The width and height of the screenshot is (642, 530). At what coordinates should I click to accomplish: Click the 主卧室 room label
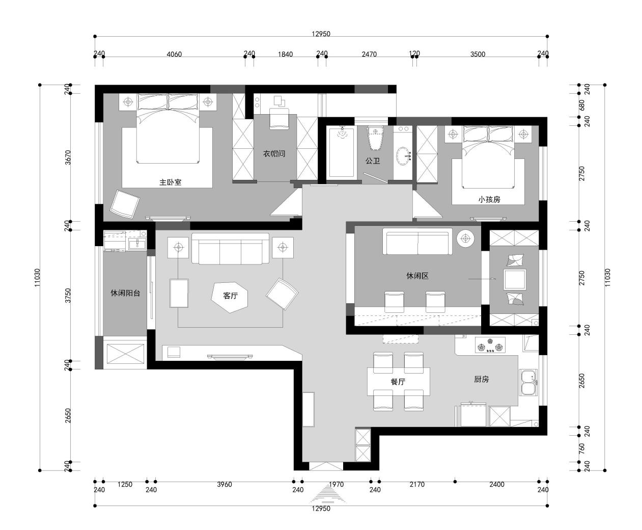pyautogui.click(x=171, y=182)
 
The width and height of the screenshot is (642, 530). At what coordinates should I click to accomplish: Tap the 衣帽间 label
pyautogui.click(x=274, y=153)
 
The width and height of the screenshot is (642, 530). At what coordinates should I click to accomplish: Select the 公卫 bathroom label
pyautogui.click(x=373, y=161)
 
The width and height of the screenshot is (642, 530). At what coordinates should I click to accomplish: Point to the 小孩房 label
pyautogui.click(x=489, y=199)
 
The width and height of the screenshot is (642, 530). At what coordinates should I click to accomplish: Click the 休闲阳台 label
pyautogui.click(x=125, y=293)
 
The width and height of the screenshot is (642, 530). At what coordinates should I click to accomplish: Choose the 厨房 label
pyautogui.click(x=481, y=379)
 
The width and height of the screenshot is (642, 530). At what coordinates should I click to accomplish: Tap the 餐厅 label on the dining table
pyautogui.click(x=398, y=382)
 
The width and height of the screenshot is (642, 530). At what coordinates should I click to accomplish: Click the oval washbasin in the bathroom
pyautogui.click(x=404, y=156)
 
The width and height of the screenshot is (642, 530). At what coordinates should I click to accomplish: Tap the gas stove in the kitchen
pyautogui.click(x=490, y=344)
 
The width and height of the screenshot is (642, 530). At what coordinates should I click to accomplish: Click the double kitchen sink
pyautogui.click(x=528, y=383)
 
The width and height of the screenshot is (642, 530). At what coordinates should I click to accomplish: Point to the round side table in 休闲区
pyautogui.click(x=465, y=238)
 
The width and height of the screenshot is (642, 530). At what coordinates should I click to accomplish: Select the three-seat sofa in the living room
pyautogui.click(x=230, y=248)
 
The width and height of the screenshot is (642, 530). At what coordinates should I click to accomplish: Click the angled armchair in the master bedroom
pyautogui.click(x=125, y=204)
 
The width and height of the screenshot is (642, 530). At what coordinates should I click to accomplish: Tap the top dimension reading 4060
pyautogui.click(x=174, y=54)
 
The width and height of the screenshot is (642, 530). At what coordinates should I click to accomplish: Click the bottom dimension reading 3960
pyautogui.click(x=225, y=484)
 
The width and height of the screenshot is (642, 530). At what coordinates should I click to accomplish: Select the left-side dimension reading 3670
pyautogui.click(x=68, y=157)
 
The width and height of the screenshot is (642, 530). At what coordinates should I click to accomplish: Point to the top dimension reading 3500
pyautogui.click(x=478, y=54)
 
